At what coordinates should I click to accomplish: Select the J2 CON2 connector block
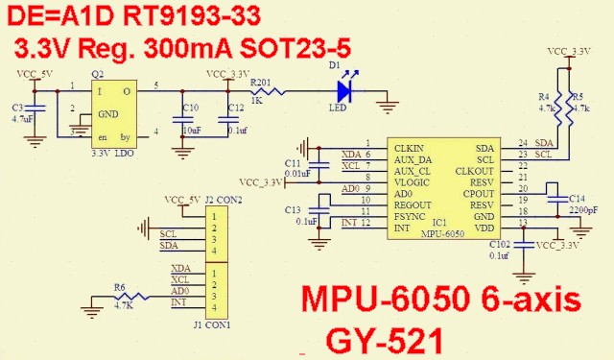tap(214, 232)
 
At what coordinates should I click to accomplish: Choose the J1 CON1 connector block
tap(214, 290)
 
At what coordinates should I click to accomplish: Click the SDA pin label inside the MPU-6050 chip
tap(485, 147)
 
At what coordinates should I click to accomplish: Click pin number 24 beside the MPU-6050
tap(524, 143)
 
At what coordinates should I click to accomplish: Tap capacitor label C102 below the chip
tap(500, 245)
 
